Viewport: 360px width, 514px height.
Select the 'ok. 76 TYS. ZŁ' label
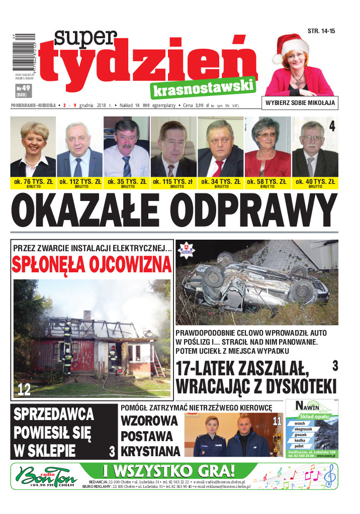click(33, 181)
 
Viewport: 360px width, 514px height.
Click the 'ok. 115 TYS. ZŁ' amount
click(173, 181)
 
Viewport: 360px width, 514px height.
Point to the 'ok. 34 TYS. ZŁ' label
click(220, 181)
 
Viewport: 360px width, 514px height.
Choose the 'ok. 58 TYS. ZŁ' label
click(267, 181)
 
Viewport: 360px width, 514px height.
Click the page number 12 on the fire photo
click(24, 388)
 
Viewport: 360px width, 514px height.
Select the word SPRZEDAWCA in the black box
click(54, 415)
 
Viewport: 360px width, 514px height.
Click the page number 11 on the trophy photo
click(277, 421)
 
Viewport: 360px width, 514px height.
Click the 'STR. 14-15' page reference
click(321, 31)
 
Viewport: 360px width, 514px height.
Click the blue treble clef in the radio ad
click(329, 475)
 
